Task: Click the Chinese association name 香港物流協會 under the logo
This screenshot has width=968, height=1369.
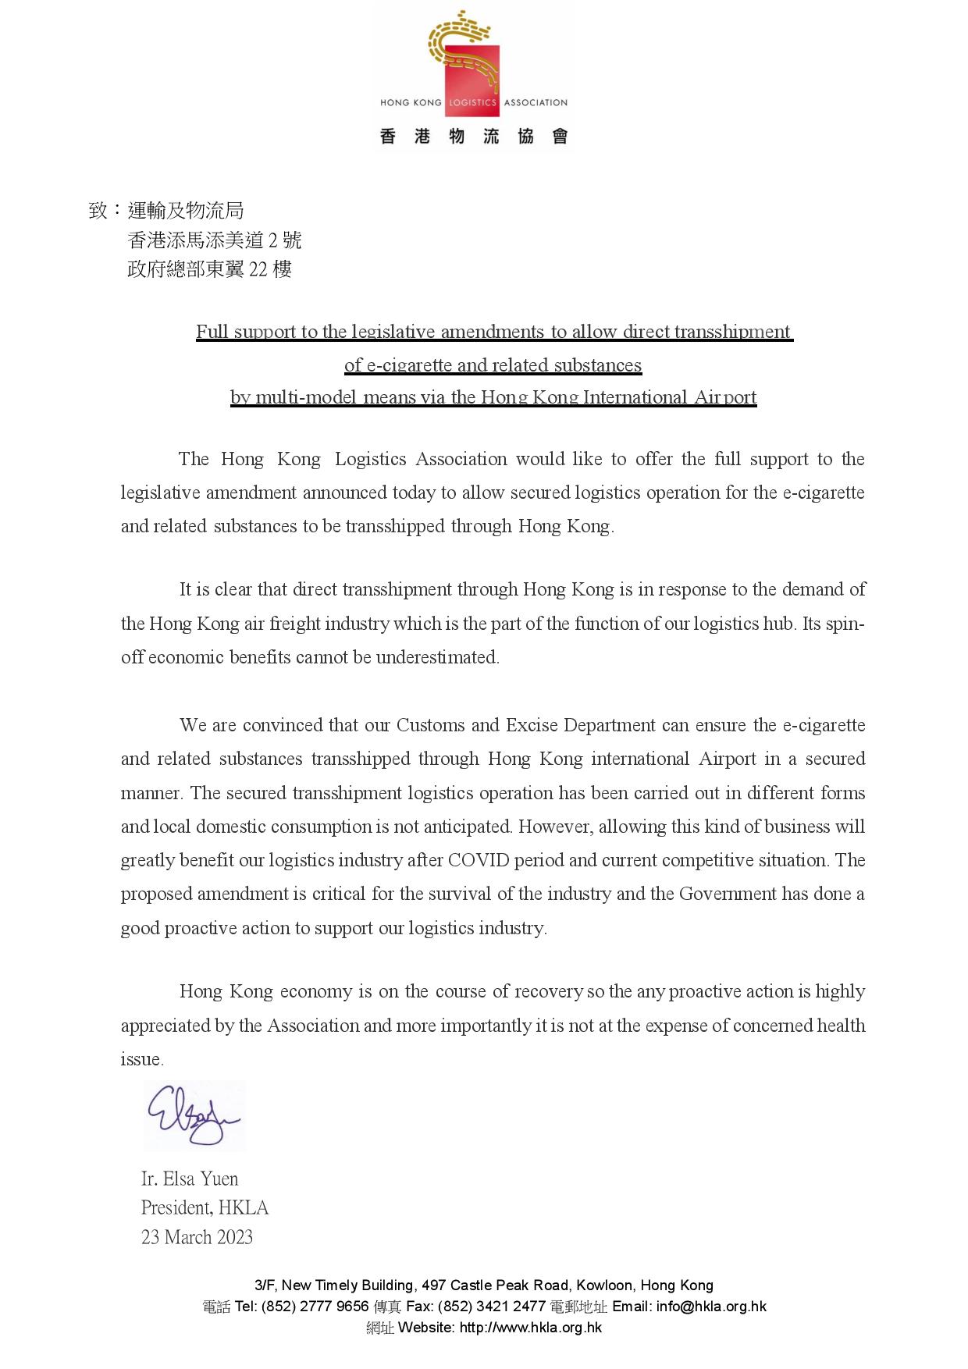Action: click(473, 137)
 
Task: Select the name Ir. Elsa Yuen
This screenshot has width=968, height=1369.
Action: click(190, 1179)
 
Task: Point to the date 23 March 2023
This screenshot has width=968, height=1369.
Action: click(197, 1237)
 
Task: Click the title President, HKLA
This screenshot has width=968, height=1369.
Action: click(205, 1207)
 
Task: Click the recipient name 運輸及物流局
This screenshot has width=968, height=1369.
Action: click(186, 210)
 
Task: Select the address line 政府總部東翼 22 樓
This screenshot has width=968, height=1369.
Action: click(209, 269)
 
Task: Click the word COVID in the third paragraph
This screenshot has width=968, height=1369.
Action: click(478, 860)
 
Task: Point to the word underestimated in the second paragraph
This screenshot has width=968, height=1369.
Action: click(437, 657)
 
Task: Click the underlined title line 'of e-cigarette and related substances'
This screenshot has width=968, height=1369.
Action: click(493, 365)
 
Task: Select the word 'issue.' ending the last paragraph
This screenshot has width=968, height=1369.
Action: click(142, 1059)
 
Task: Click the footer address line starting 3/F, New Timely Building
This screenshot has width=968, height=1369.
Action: click(484, 1285)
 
